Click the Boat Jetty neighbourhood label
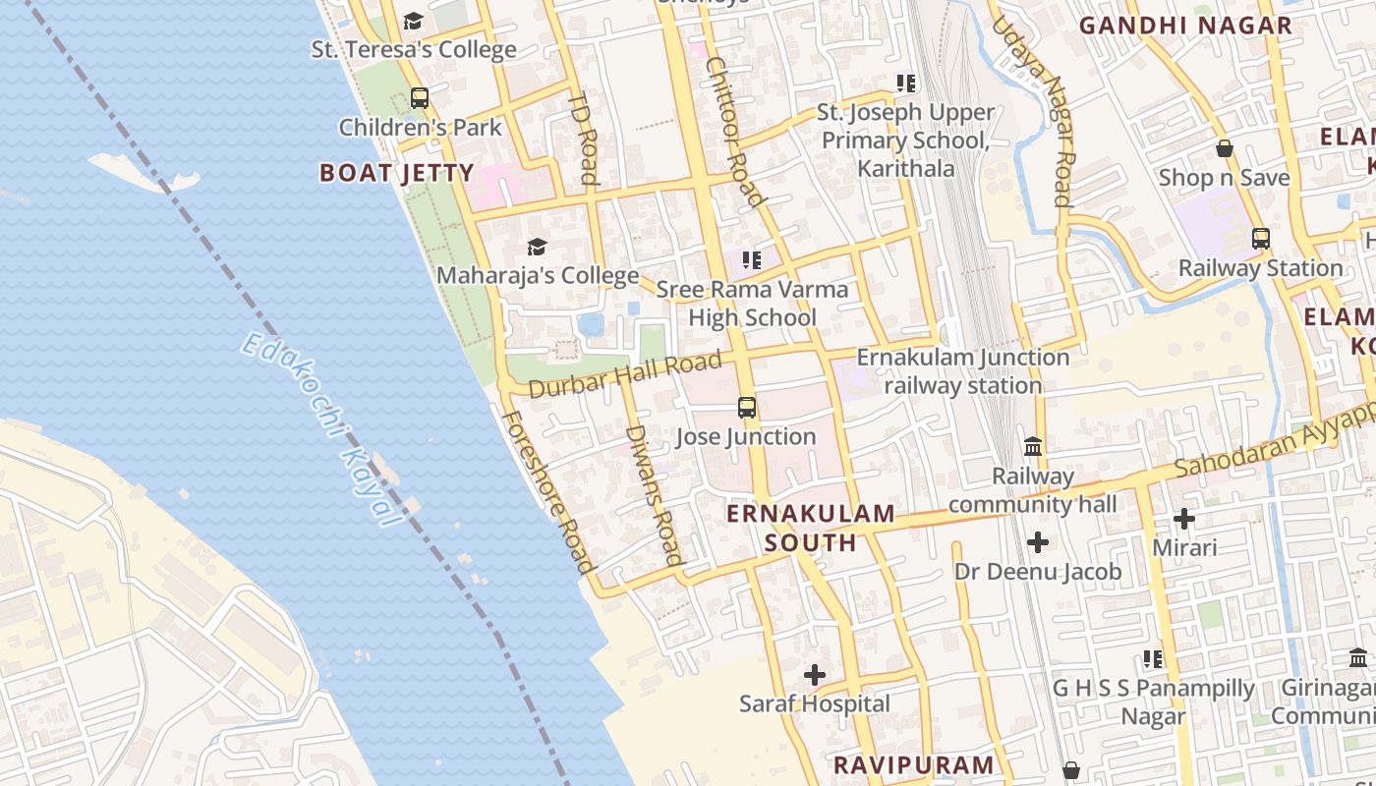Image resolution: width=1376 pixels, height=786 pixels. [397, 174]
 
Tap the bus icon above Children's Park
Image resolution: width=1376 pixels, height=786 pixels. [420, 98]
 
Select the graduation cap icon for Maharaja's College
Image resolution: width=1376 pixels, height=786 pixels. [537, 247]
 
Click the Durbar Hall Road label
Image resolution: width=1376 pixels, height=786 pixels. [625, 375]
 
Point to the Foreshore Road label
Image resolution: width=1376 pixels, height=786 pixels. [549, 491]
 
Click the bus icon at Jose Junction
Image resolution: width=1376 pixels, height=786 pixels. [747, 408]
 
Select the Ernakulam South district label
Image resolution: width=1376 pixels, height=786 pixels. [811, 528]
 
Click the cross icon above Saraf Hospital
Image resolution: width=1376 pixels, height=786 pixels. [815, 675]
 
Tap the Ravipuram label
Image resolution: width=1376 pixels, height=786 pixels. [914, 765]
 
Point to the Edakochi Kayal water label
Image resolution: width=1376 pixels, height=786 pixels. [322, 428]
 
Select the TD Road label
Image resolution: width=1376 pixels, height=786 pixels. [584, 139]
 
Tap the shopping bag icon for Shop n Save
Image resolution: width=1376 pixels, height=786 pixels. [1225, 149]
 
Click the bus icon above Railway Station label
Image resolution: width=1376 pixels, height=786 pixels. [1260, 239]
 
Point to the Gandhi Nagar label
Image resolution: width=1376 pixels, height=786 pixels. [1185, 26]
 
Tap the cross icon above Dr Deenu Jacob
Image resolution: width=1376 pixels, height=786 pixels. [1037, 542]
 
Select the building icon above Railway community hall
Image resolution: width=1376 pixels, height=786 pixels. [1033, 447]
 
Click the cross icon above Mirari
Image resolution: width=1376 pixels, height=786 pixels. [1184, 518]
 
